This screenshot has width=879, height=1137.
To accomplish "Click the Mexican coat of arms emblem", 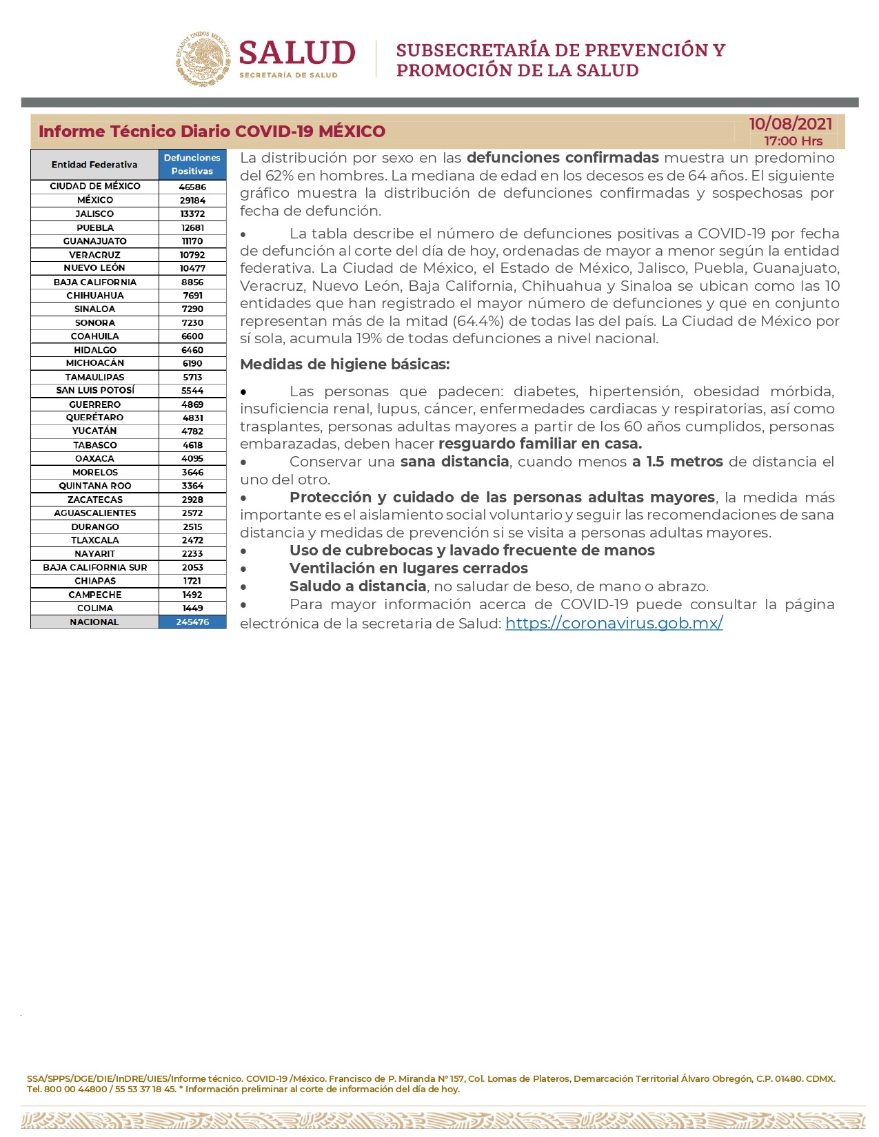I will [203, 59].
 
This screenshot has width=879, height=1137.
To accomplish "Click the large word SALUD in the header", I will [297, 54].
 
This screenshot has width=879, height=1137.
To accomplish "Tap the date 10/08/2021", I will [790, 124].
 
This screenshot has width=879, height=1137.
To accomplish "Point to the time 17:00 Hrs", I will [793, 141].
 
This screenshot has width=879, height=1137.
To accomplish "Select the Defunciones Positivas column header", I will [192, 165].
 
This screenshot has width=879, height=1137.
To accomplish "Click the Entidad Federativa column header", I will [94, 165].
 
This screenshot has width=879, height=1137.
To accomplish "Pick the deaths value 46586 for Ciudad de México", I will [192, 187].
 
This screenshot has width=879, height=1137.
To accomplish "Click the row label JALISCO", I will [95, 214].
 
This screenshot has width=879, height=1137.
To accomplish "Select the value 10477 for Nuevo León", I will [192, 268].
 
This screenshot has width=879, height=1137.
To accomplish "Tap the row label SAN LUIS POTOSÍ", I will [95, 390].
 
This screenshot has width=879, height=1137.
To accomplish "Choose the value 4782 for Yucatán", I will [192, 431].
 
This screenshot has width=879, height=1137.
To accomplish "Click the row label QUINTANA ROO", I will [95, 486].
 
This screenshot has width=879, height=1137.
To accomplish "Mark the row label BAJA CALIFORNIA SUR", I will [95, 567].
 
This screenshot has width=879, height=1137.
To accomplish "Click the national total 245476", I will [192, 622].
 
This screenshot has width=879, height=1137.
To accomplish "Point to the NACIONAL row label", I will [94, 622].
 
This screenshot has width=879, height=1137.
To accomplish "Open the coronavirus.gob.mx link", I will [614, 623].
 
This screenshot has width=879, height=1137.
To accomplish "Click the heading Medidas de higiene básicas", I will [345, 365].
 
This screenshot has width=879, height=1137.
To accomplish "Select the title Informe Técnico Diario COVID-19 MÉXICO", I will [212, 132].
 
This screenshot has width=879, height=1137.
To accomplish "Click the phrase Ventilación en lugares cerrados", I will [408, 568].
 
